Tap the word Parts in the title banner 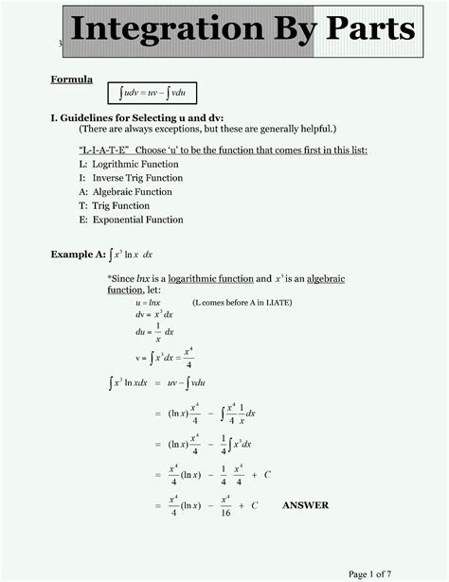point(370,29)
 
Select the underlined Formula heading point(71,79)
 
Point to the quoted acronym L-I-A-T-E point(103,150)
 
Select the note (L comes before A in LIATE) point(242,303)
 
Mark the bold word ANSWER point(305,505)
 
